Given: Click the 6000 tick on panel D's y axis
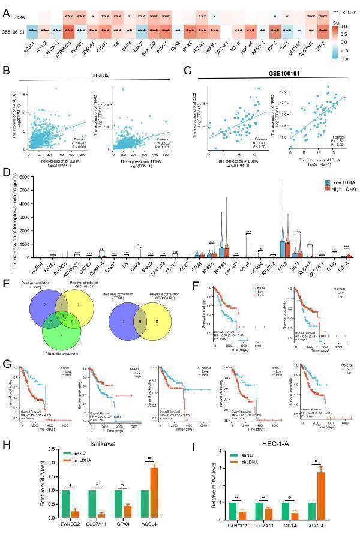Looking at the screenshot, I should pos(31,176).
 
